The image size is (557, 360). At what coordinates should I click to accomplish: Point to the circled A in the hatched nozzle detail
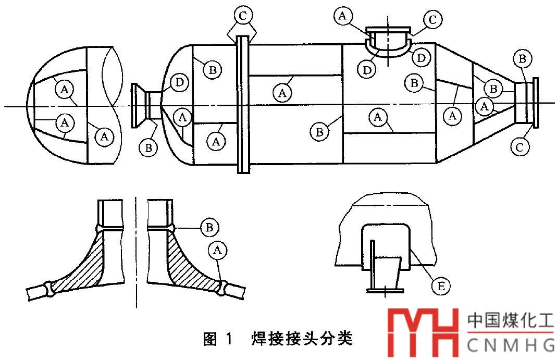pos(217,251)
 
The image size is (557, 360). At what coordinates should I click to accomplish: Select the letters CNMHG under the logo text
pos(510,345)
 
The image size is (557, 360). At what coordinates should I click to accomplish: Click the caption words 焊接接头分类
pos(303,339)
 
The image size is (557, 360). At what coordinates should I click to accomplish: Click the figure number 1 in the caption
pos(230,339)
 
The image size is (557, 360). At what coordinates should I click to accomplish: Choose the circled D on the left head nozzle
pos(179,82)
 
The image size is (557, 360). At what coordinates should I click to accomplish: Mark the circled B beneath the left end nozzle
pos(148,147)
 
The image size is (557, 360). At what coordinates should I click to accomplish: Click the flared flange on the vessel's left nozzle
pos(139,106)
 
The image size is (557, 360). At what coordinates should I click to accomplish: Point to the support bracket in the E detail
pos(385,268)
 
